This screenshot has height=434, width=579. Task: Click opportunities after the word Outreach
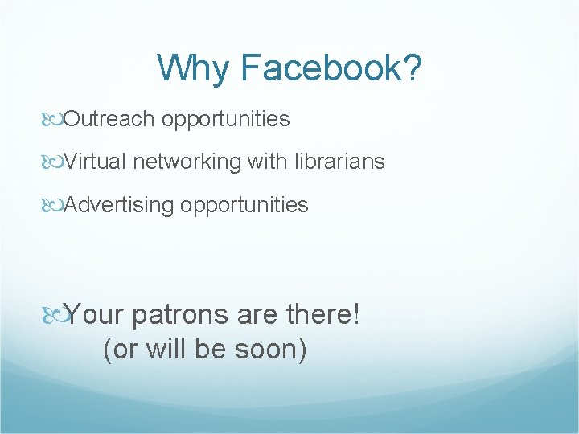[225, 120]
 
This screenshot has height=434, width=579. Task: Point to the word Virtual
[96, 162]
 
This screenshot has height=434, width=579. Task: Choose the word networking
[187, 162]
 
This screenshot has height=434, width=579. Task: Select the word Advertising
[119, 205]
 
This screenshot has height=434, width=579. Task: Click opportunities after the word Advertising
[244, 205]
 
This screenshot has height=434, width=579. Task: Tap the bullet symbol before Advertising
[55, 206]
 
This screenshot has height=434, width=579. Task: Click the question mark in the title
[410, 68]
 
